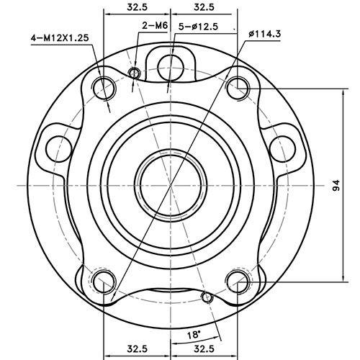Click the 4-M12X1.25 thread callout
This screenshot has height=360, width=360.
click(x=60, y=37)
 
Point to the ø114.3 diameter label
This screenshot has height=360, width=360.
click(x=264, y=33)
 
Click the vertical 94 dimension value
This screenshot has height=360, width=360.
click(x=336, y=186)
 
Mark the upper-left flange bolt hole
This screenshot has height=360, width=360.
click(x=105, y=88)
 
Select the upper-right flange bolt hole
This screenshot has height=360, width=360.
click(x=237, y=88)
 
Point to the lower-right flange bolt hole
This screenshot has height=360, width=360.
click(x=237, y=280)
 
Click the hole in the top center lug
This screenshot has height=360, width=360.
click(x=170, y=62)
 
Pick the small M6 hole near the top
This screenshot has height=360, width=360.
click(x=134, y=72)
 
